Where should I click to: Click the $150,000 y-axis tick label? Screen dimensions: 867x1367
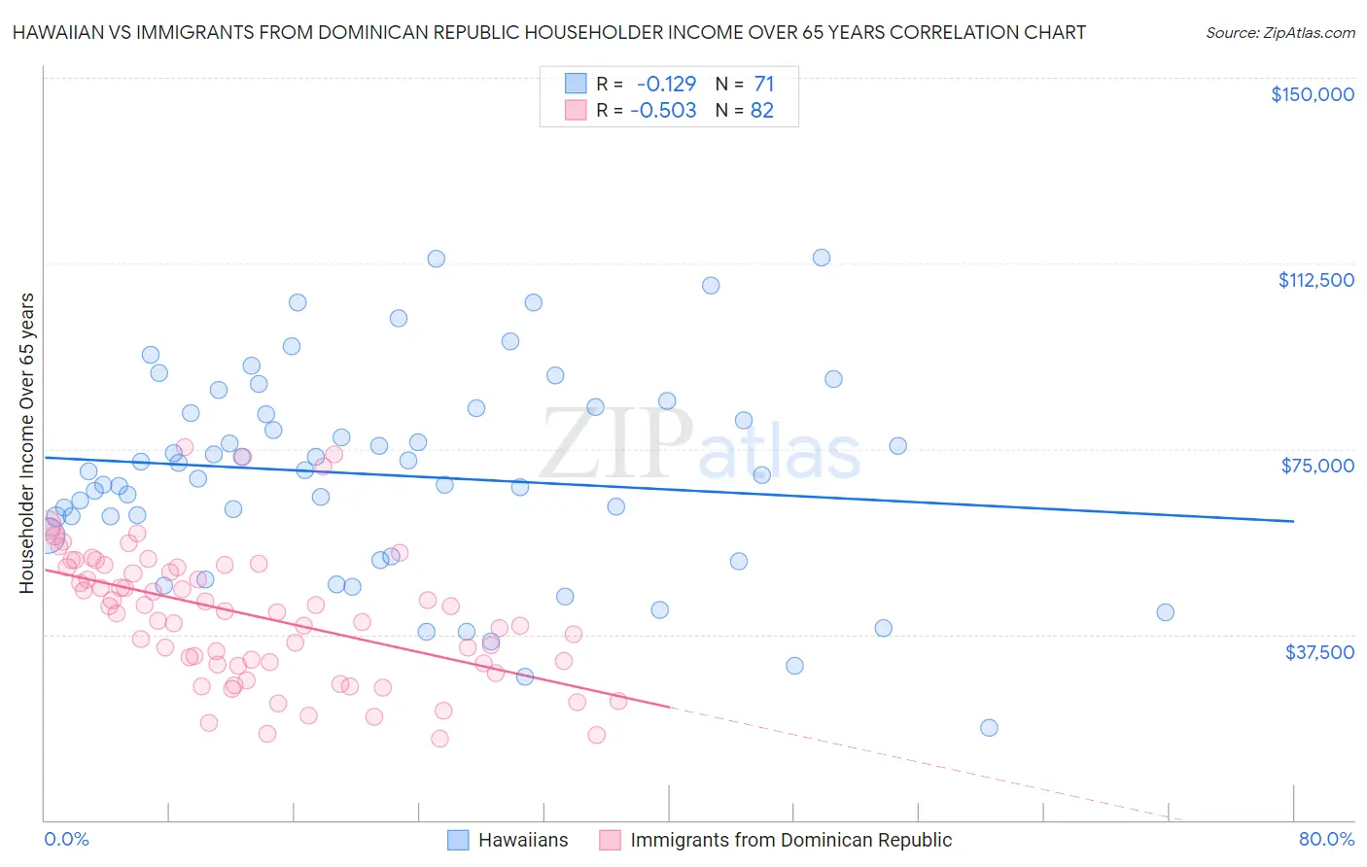tap(1312, 94)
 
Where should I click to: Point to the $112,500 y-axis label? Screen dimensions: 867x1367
tap(1315, 280)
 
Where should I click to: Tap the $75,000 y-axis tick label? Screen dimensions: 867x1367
tap(1317, 466)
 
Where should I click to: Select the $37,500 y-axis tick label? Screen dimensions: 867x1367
tap(1319, 652)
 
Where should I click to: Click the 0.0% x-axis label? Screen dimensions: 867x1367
tap(66, 839)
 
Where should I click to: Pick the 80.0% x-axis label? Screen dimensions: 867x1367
tap(1326, 839)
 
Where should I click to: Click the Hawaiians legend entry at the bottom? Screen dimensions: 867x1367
tap(523, 840)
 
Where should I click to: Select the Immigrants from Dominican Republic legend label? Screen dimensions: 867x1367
tap(790, 840)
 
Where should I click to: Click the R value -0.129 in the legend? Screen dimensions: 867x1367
tap(666, 84)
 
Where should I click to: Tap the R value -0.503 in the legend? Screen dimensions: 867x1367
tap(663, 111)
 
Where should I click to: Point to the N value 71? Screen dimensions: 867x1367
tap(763, 84)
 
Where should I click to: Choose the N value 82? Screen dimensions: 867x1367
tap(762, 111)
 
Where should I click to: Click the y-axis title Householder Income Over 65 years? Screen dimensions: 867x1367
tap(27, 443)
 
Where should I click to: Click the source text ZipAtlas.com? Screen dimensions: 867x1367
tap(1280, 32)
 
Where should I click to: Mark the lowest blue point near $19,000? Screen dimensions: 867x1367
tap(989, 728)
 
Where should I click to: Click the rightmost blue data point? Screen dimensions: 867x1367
tap(1165, 612)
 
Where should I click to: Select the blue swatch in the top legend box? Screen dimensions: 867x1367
tap(576, 84)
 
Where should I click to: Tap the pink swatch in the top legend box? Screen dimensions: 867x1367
tap(576, 111)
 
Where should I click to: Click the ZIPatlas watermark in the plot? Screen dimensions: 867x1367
tap(700, 445)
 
